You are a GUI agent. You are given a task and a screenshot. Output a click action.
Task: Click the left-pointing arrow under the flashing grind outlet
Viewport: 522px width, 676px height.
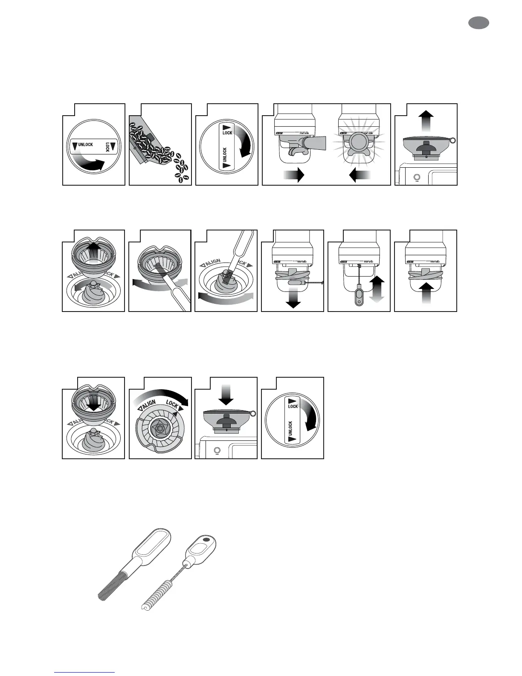click(x=360, y=175)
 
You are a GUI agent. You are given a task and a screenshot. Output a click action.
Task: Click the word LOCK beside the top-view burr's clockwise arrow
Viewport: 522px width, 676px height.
click(x=172, y=404)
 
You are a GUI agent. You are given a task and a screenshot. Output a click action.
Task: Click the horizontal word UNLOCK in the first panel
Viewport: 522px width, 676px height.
click(x=85, y=145)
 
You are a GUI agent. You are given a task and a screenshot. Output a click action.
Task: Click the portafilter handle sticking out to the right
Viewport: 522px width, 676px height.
click(x=316, y=142)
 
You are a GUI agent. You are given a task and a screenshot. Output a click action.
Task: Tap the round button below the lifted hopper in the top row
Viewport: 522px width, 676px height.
click(x=417, y=177)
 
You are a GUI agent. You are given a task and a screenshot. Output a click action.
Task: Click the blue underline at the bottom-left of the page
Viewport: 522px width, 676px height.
click(x=84, y=673)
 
